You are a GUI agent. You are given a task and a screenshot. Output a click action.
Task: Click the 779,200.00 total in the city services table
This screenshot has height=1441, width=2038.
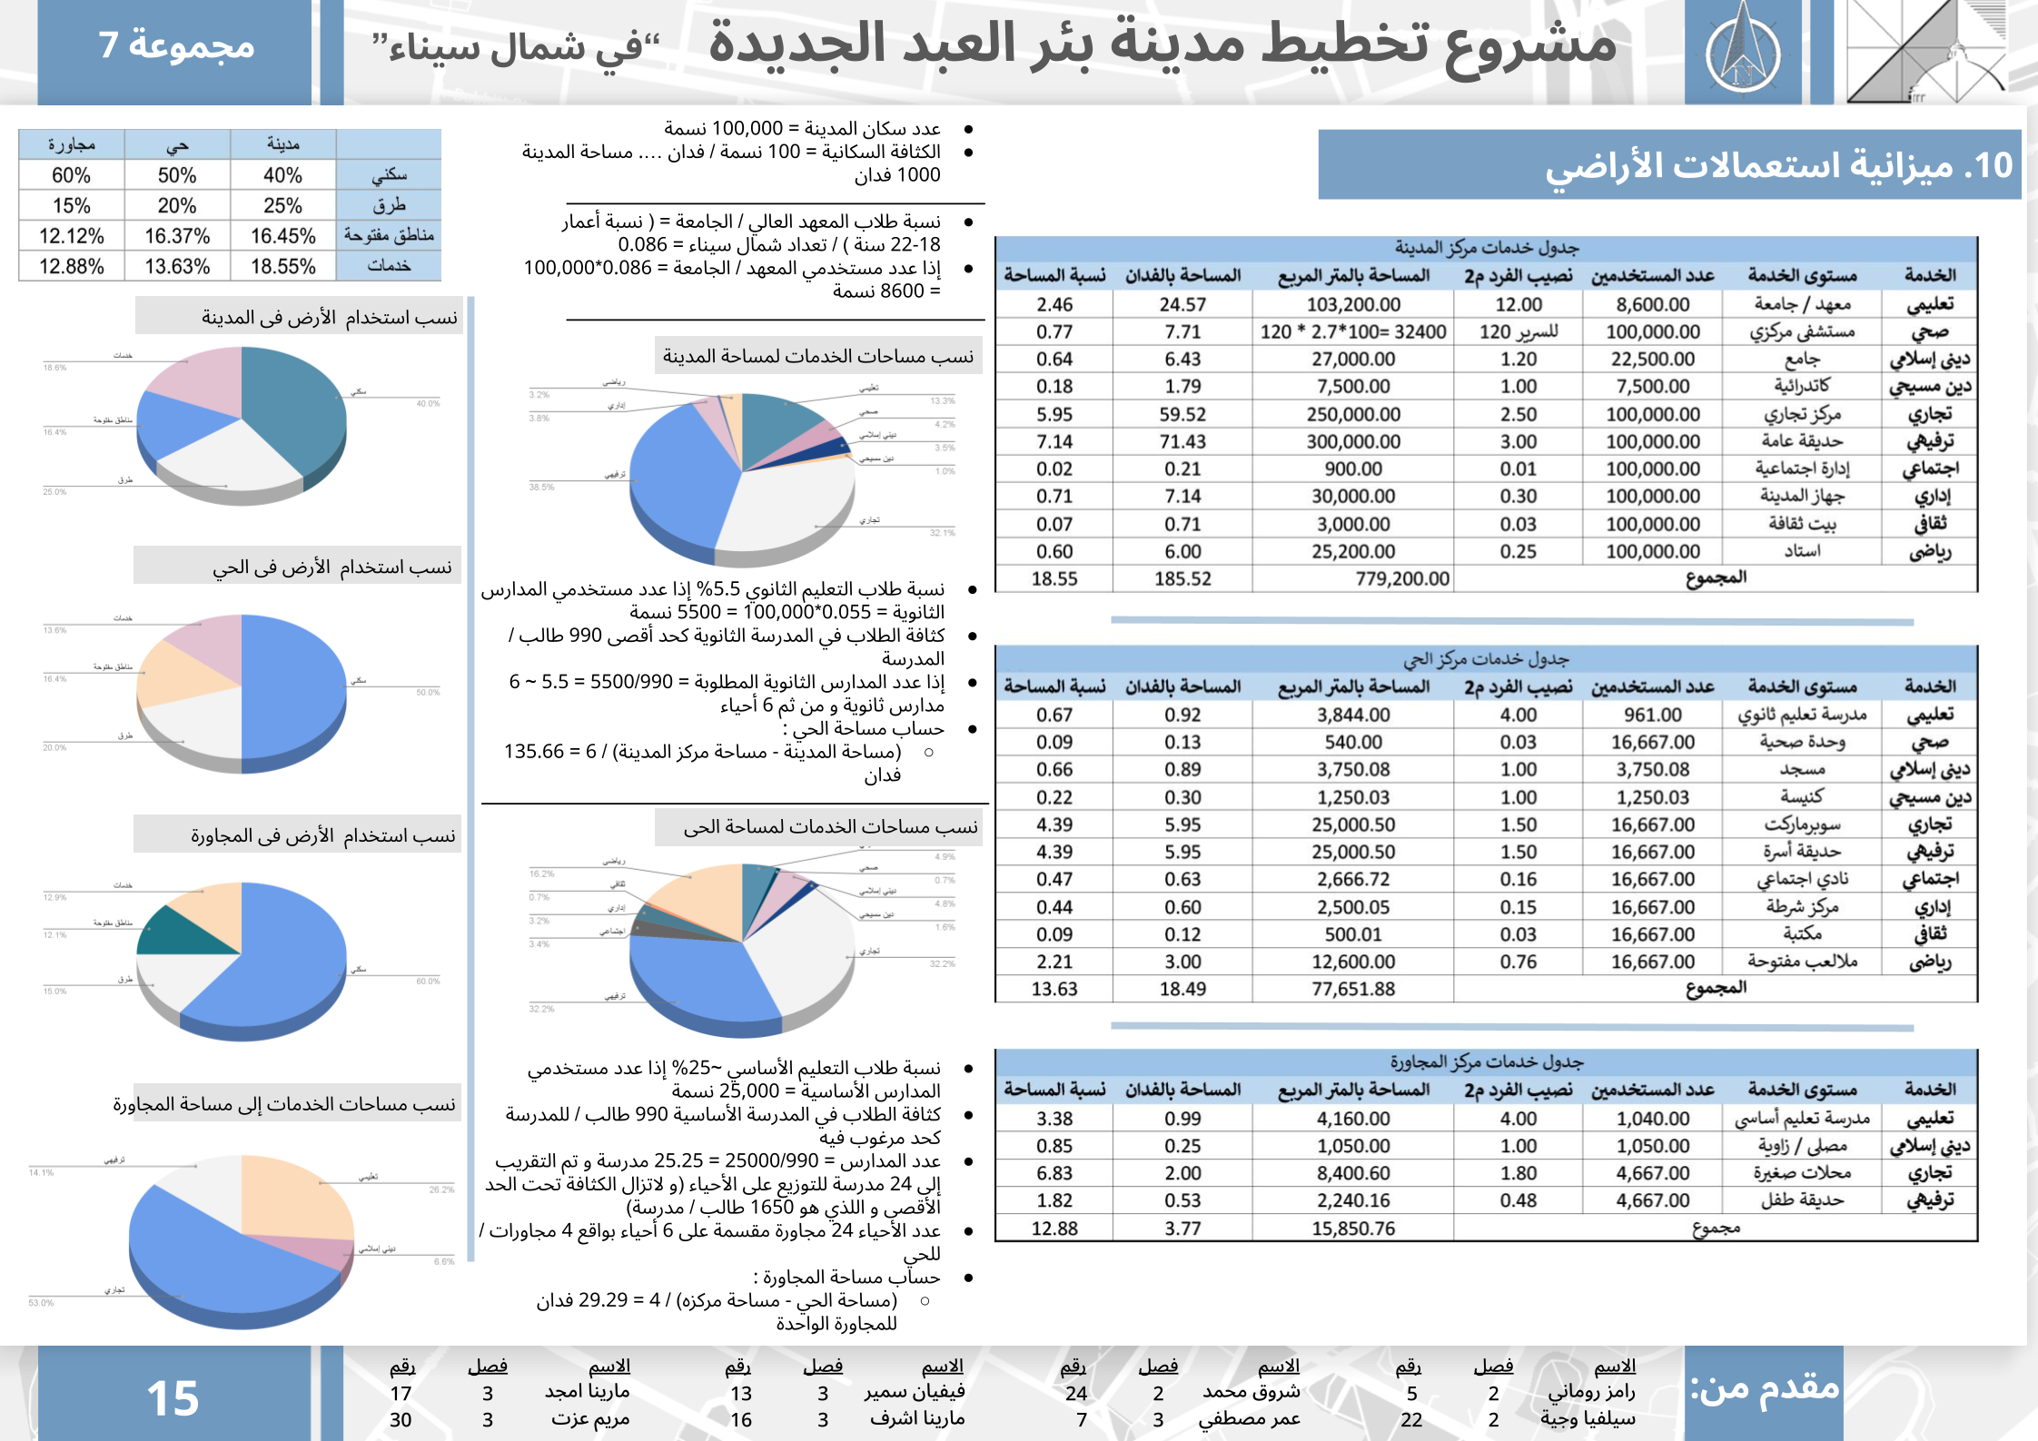click(x=1402, y=579)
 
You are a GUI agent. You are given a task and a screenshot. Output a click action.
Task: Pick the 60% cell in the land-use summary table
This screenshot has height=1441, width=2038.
click(x=71, y=175)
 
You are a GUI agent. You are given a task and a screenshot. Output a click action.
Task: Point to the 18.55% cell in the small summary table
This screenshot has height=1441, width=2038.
click(x=282, y=267)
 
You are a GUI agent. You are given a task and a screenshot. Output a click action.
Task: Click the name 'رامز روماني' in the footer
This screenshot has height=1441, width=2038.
click(x=1591, y=1392)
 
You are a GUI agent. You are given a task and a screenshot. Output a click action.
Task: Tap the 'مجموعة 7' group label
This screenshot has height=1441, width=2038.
click(x=176, y=44)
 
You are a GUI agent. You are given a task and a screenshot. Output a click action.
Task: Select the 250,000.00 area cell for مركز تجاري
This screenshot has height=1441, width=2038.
click(x=1353, y=415)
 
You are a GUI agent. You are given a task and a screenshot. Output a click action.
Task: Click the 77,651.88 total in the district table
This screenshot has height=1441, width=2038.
click(x=1353, y=990)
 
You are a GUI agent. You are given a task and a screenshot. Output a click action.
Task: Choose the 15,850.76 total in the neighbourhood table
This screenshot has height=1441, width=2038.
click(x=1353, y=1229)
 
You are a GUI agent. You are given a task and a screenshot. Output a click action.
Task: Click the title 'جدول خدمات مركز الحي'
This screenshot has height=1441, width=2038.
click(x=1486, y=659)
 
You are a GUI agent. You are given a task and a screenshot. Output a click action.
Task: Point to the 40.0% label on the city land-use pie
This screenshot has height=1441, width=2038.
click(x=428, y=403)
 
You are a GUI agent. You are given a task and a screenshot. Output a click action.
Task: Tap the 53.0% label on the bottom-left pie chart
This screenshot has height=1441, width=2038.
click(x=41, y=1303)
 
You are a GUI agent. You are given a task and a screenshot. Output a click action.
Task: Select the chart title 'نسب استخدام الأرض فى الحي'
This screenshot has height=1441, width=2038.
click(x=332, y=568)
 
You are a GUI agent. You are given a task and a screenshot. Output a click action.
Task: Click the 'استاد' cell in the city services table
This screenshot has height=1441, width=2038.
click(x=1802, y=551)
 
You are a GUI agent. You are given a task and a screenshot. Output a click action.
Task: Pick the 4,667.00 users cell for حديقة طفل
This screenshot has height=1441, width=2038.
click(x=1653, y=1200)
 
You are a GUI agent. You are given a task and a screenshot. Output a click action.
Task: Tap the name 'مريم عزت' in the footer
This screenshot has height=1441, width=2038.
click(x=590, y=1419)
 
